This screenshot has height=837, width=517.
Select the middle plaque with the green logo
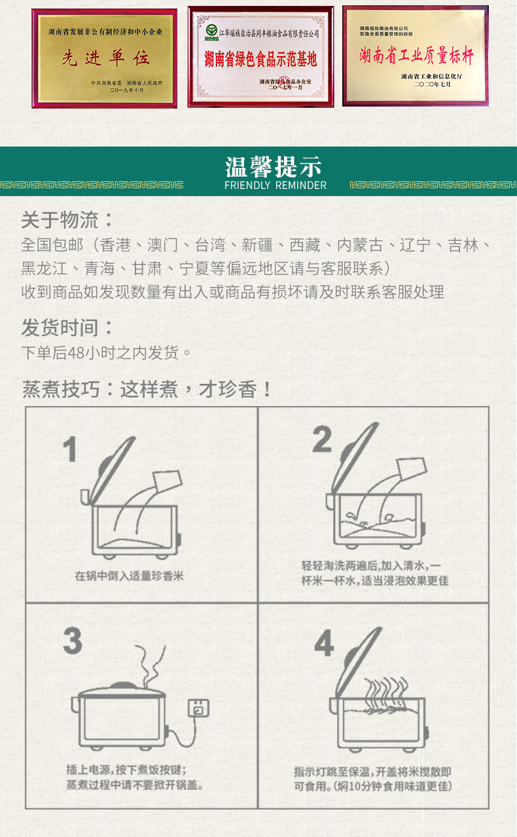pos(260,57)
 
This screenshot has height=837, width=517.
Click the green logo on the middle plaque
pos(211,31)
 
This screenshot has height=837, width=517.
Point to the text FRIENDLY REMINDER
pos(275,186)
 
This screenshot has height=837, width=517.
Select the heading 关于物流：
pos(67,220)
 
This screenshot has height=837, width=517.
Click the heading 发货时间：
pos(67,327)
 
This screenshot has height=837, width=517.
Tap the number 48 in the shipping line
pos(76,353)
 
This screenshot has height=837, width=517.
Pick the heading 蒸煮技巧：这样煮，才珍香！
pos(148,390)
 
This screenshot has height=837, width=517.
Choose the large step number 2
pos(321,439)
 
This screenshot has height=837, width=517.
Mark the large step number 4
pos(324,644)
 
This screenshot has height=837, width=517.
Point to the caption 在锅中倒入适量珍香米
pos(129,576)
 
